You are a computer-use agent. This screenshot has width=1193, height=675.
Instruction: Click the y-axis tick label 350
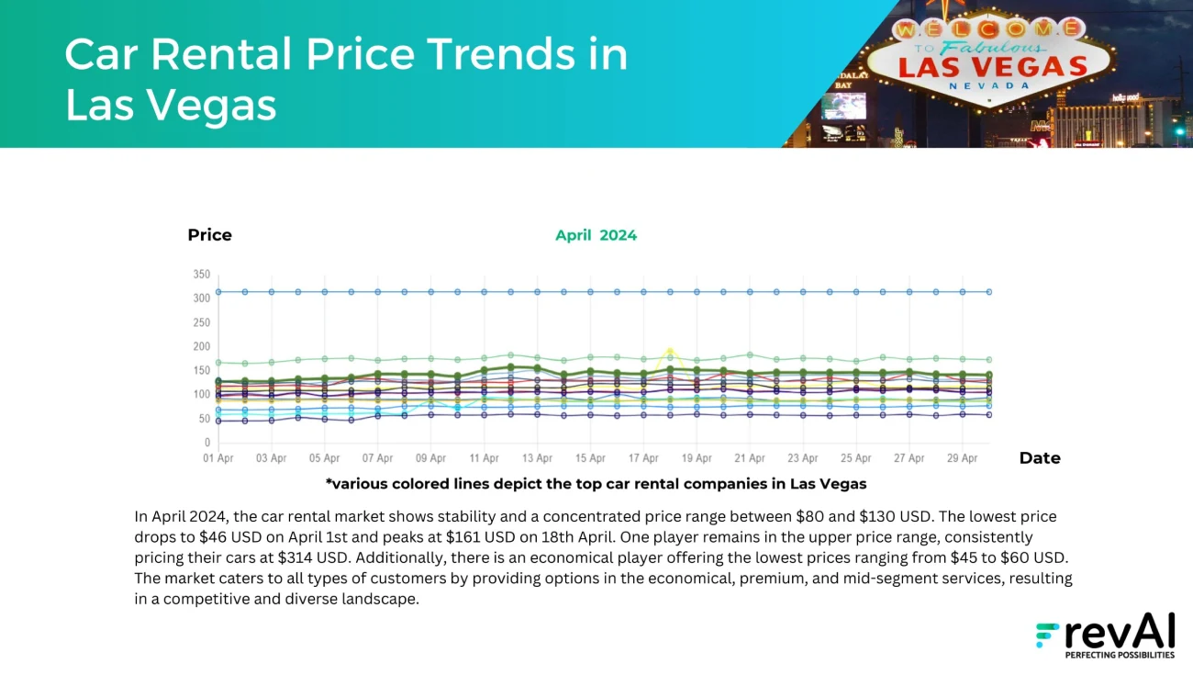click(201, 275)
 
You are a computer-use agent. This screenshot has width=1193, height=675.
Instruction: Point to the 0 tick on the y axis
click(206, 443)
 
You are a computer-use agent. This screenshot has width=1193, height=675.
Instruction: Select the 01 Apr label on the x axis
click(218, 458)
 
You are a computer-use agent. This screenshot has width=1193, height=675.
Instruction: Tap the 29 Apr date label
click(962, 458)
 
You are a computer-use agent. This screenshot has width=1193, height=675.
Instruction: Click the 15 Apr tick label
click(590, 458)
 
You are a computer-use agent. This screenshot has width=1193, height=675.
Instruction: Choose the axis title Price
click(209, 235)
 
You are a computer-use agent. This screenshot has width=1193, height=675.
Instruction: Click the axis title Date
click(1040, 458)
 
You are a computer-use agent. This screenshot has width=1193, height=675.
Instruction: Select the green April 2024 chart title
click(596, 235)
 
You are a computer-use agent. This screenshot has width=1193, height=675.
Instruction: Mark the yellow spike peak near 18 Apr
click(671, 350)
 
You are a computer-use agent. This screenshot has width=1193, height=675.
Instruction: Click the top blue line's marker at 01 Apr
click(218, 292)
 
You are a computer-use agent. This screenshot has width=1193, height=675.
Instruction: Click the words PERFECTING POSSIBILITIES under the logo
click(1119, 656)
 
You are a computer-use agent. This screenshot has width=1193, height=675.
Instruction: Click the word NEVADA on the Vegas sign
click(989, 85)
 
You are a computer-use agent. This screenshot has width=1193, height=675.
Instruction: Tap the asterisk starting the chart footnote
click(329, 483)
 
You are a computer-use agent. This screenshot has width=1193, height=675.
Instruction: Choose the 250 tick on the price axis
click(201, 322)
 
